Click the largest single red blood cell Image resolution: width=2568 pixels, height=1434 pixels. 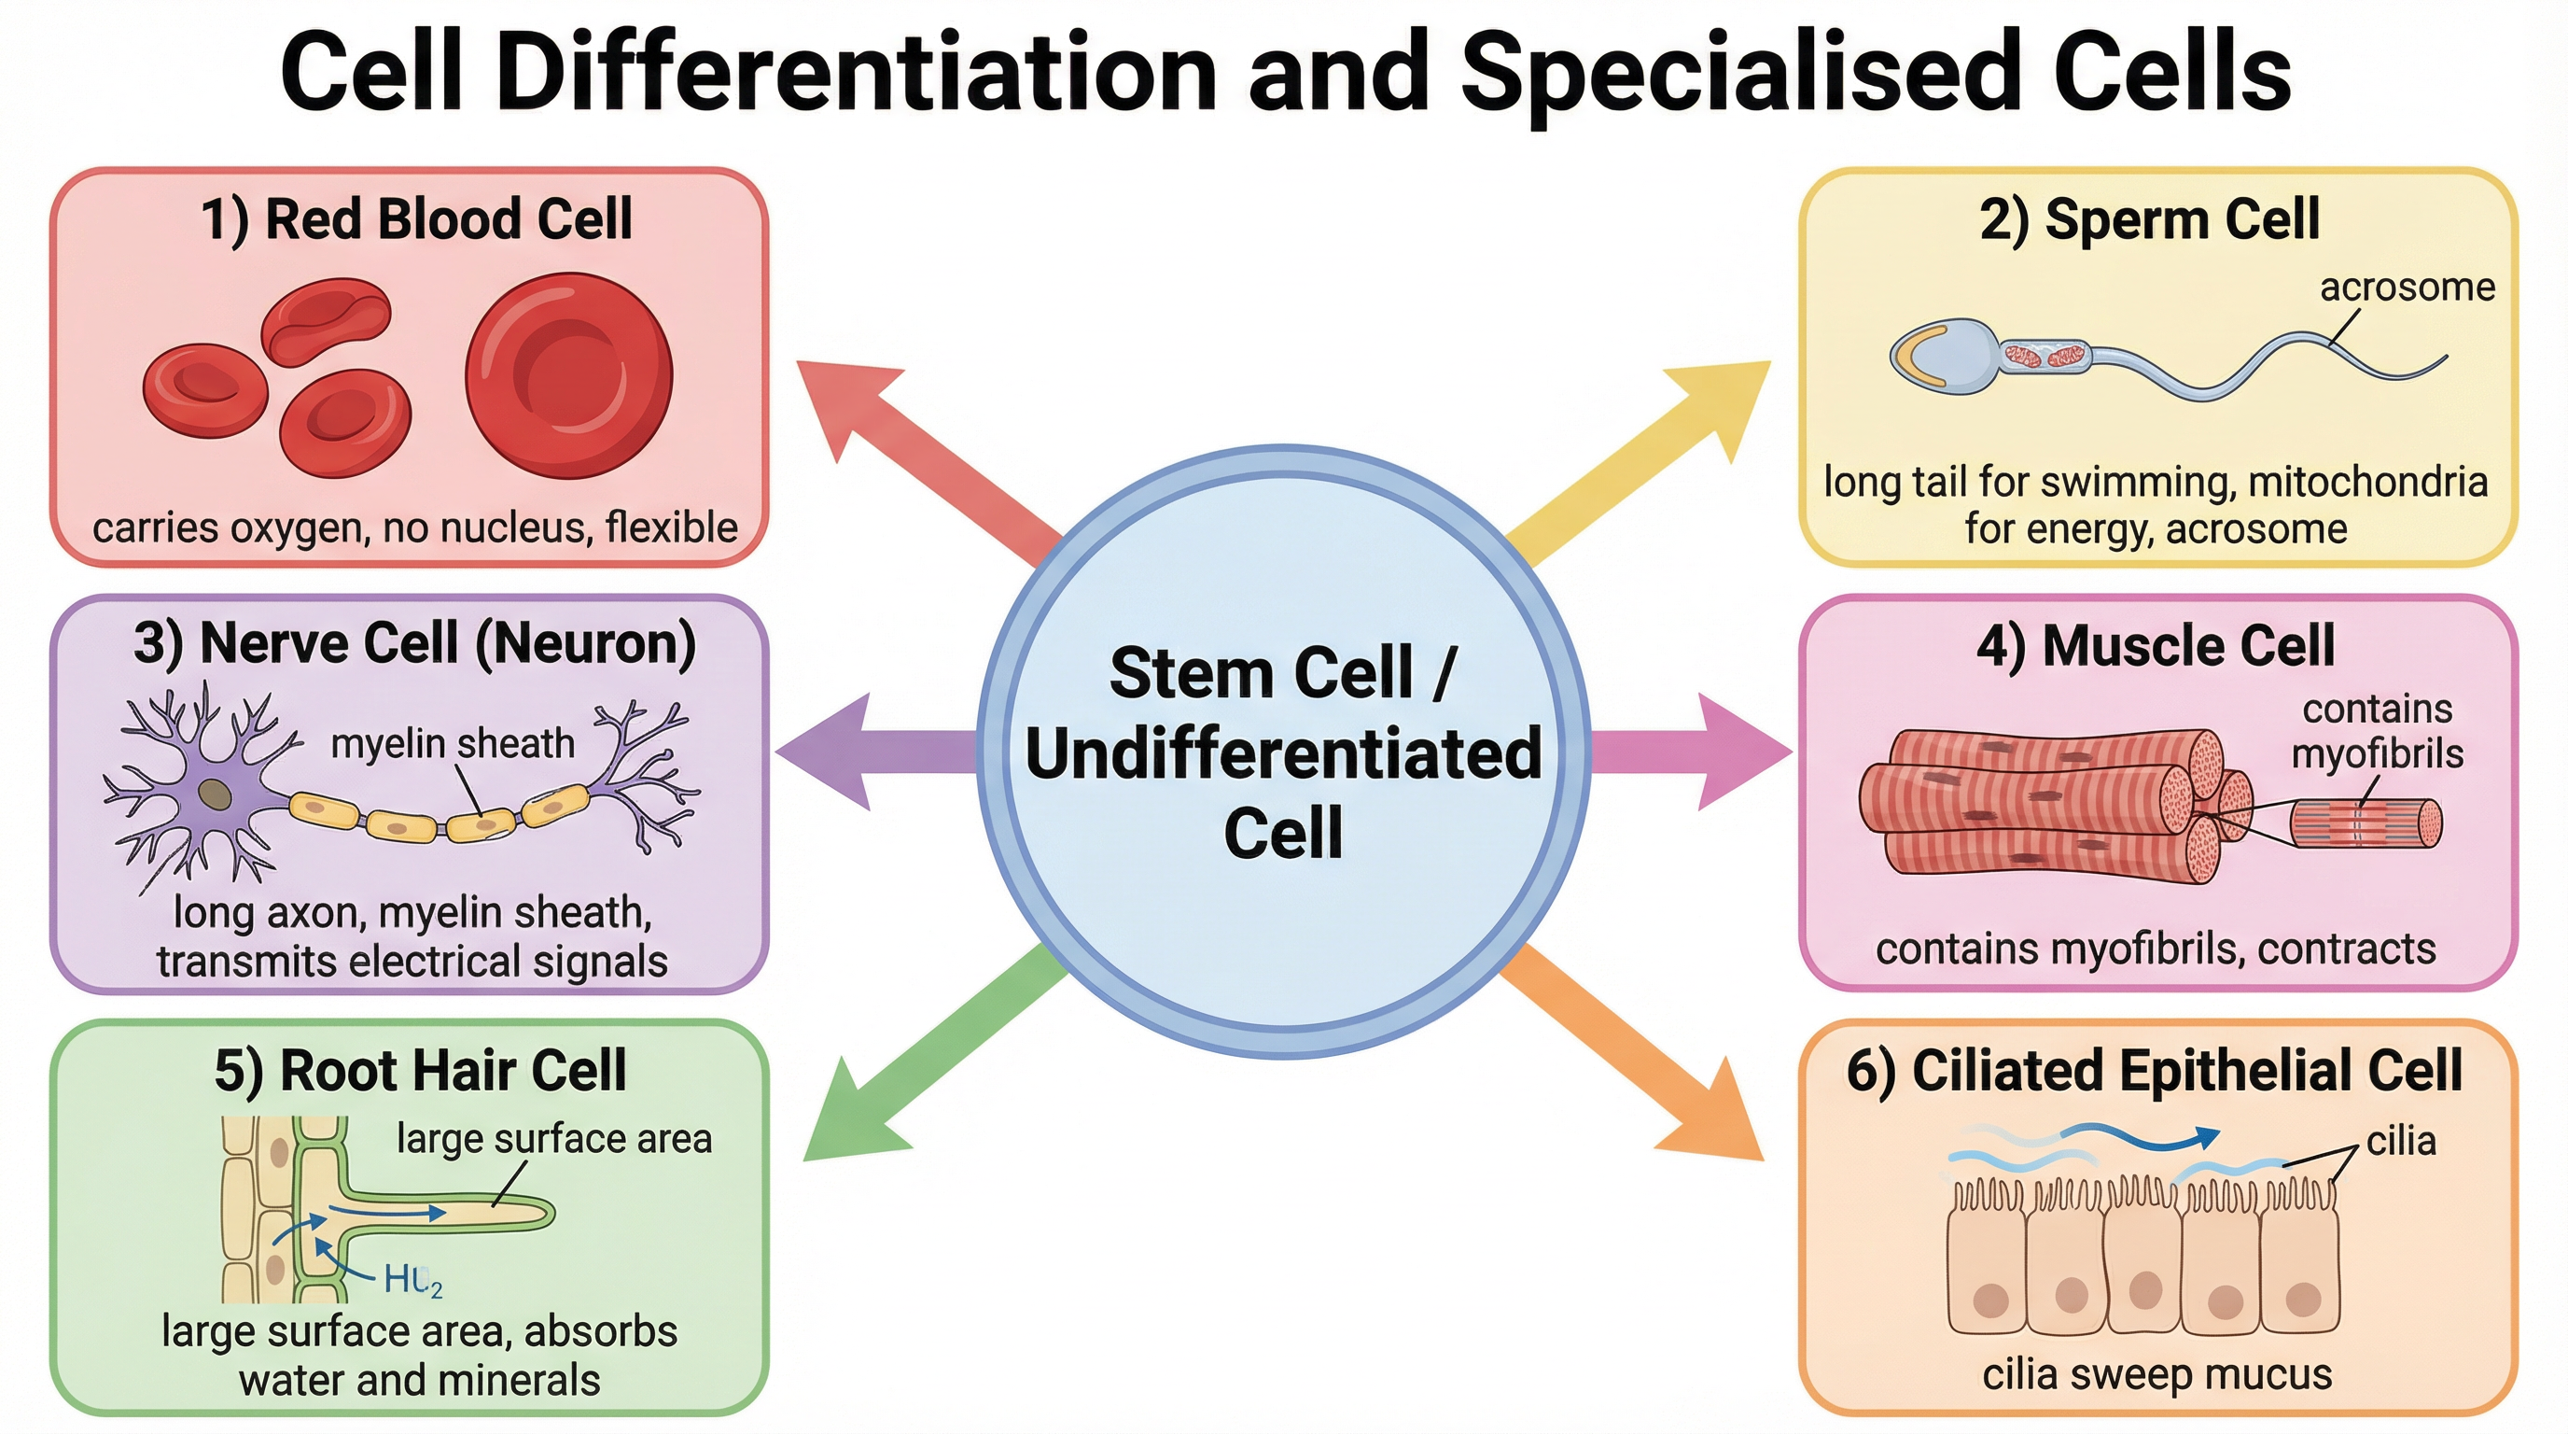point(569,376)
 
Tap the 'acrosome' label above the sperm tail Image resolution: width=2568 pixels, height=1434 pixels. point(2407,288)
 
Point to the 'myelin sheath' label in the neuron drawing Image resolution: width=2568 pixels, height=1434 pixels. point(453,744)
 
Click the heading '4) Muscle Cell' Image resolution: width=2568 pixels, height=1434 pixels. point(2156,645)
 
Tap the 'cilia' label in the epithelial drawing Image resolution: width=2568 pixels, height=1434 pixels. point(2401,1141)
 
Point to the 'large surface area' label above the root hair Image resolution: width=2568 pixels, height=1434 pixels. point(554,1139)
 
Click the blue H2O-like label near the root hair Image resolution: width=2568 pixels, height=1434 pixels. point(412,1279)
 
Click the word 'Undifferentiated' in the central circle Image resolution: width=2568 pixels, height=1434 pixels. point(1284,754)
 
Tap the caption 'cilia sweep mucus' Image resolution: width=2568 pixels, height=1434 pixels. point(2156,1374)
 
